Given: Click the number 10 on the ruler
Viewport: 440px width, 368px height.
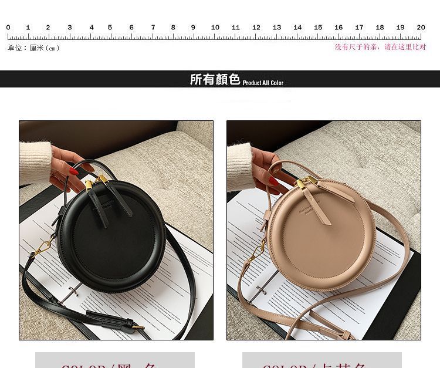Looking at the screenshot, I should [x=215, y=28].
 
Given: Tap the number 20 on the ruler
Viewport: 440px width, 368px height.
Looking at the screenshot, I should [x=421, y=28].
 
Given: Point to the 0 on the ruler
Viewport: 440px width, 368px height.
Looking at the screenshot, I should [x=8, y=28].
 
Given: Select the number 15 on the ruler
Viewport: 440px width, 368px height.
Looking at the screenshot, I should [x=318, y=28].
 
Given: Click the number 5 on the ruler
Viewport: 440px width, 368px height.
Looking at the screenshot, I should [x=110, y=28].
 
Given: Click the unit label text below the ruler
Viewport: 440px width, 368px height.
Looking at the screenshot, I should [x=33, y=48].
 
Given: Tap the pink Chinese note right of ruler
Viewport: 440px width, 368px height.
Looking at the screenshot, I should [x=380, y=47].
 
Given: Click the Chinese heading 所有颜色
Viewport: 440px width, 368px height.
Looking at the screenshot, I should [x=215, y=80].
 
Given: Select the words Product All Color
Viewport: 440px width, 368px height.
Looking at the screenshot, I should [x=263, y=83].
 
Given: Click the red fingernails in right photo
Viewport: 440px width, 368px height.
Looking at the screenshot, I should [x=273, y=180].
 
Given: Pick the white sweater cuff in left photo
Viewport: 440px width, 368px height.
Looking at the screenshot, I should [x=34, y=160].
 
